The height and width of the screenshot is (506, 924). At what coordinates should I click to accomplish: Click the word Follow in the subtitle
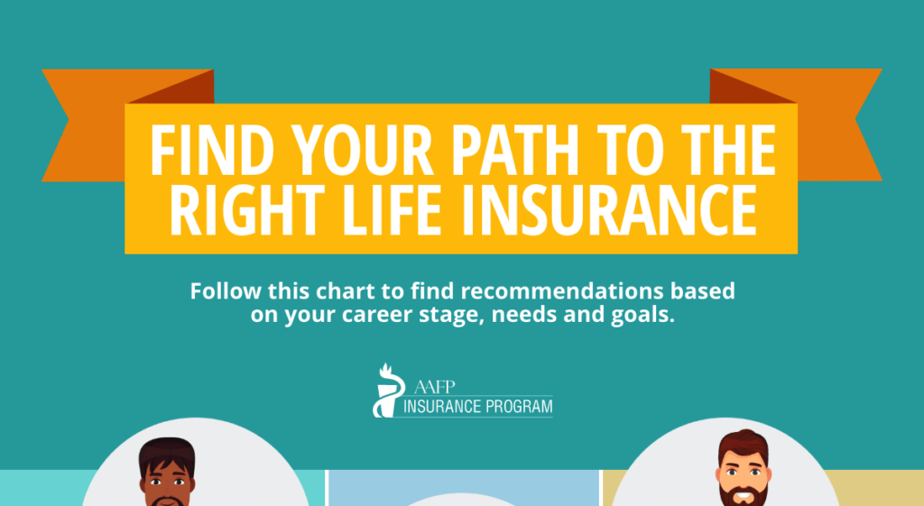pos(226,290)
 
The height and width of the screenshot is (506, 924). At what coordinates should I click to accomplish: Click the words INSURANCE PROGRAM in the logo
pos(478,407)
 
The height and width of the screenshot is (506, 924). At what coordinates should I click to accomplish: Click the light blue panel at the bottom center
pos(463,488)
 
